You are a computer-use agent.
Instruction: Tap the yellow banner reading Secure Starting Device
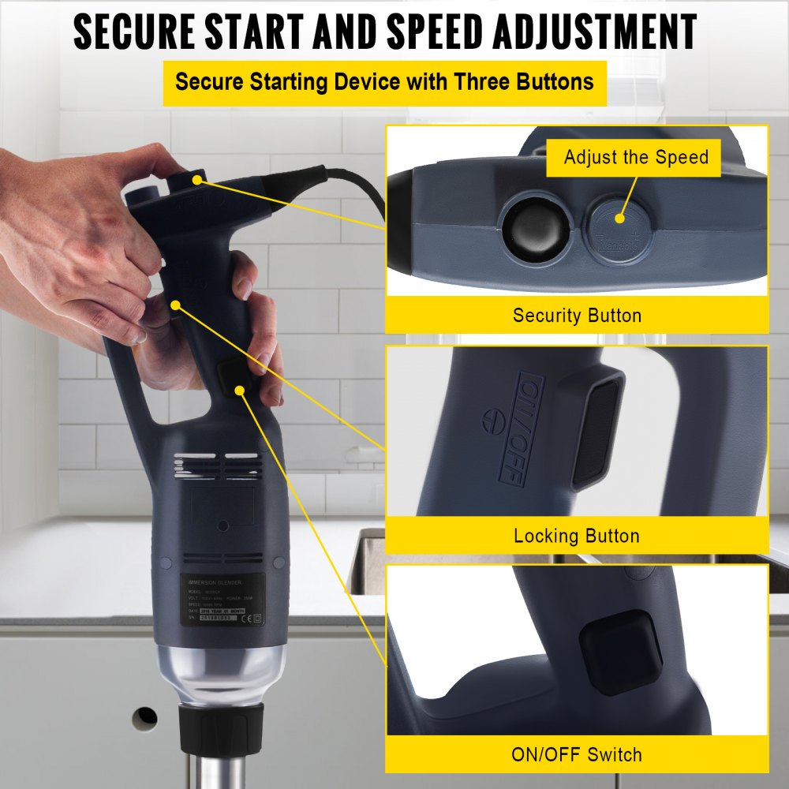(384, 82)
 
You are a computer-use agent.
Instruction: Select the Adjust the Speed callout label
(636, 157)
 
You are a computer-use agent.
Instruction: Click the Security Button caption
(577, 316)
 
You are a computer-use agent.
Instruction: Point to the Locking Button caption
(577, 537)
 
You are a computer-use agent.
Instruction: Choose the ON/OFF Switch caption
(577, 755)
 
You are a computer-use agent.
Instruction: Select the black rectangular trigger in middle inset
(598, 430)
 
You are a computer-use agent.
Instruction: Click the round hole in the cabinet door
(145, 717)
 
